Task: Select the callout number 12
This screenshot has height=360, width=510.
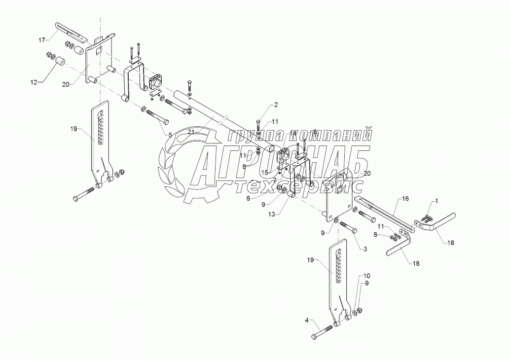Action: click(x=34, y=82)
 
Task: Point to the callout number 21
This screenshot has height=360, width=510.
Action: click(x=190, y=132)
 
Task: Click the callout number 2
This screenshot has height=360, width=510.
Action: click(x=276, y=104)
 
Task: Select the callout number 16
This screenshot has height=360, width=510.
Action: click(x=405, y=199)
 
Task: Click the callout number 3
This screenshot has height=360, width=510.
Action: click(x=365, y=250)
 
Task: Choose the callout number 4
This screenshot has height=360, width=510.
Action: click(x=307, y=321)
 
